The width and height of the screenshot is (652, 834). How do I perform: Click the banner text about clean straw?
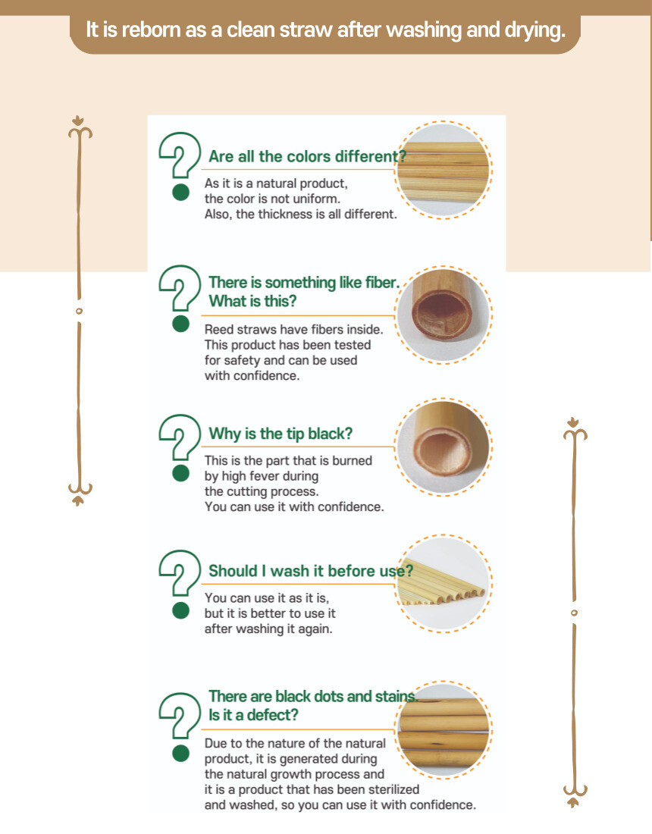point(325,30)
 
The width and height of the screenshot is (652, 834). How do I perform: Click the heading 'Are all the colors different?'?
point(307,156)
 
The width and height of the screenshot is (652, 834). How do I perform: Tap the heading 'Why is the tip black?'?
point(281,434)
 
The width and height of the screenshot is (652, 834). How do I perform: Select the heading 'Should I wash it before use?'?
point(311,571)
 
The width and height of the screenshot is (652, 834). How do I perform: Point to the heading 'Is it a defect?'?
point(253,715)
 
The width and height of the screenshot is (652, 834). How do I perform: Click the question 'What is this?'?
point(252,301)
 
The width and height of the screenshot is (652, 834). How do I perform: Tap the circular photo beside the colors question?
point(444,170)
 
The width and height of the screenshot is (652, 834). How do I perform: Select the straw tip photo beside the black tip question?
point(444,447)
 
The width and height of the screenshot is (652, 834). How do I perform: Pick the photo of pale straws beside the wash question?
point(444,584)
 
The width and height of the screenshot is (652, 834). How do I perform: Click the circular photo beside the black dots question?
point(444,729)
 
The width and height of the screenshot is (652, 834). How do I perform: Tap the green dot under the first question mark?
point(180,193)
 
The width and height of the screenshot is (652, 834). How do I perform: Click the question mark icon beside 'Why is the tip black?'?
point(180,437)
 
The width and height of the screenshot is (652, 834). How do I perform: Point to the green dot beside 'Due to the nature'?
point(180,753)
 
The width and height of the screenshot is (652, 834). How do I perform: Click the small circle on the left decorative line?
point(80,311)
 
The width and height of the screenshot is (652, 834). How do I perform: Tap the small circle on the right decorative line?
point(574,613)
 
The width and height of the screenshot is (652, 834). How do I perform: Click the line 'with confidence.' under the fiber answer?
point(252,375)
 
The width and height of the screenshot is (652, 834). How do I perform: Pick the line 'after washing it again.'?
point(268,629)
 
